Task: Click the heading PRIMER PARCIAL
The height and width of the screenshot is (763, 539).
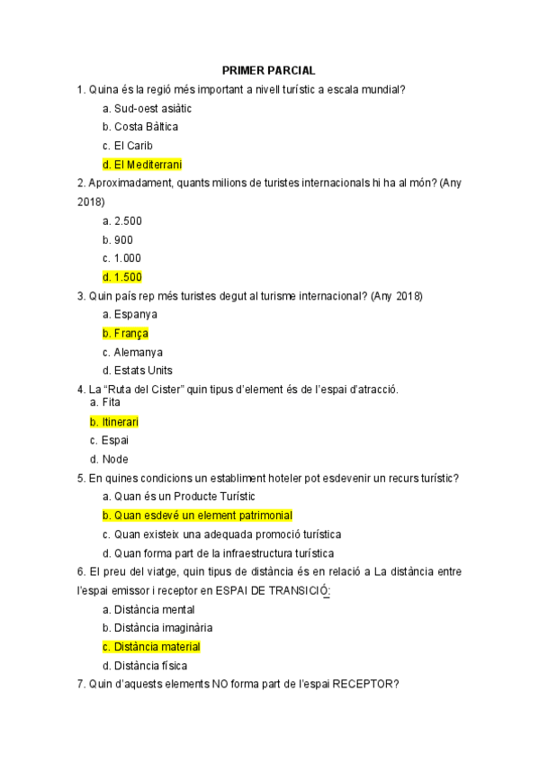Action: click(269, 70)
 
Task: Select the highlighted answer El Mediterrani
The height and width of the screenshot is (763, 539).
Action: click(142, 165)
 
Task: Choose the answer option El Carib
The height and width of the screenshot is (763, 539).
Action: click(128, 146)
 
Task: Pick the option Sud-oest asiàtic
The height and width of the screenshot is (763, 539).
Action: click(147, 108)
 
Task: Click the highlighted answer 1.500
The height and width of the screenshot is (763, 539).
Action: click(122, 277)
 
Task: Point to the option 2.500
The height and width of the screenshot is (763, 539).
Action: click(122, 220)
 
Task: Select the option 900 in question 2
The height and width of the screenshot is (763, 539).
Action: click(118, 239)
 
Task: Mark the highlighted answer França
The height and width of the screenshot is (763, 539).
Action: click(125, 334)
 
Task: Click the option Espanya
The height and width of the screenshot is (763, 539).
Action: click(130, 315)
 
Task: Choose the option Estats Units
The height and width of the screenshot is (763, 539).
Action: click(137, 371)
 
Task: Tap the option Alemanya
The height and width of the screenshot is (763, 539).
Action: click(132, 353)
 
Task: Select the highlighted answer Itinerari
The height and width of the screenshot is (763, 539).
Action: click(114, 422)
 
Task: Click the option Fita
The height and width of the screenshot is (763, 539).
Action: click(105, 403)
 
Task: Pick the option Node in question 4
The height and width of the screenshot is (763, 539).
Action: click(109, 460)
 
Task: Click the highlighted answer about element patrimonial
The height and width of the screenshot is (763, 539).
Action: click(197, 516)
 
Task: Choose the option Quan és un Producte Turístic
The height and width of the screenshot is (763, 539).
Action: click(178, 497)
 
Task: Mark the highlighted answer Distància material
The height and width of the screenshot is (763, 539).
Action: click(151, 647)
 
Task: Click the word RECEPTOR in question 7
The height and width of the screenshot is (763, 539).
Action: click(364, 685)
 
